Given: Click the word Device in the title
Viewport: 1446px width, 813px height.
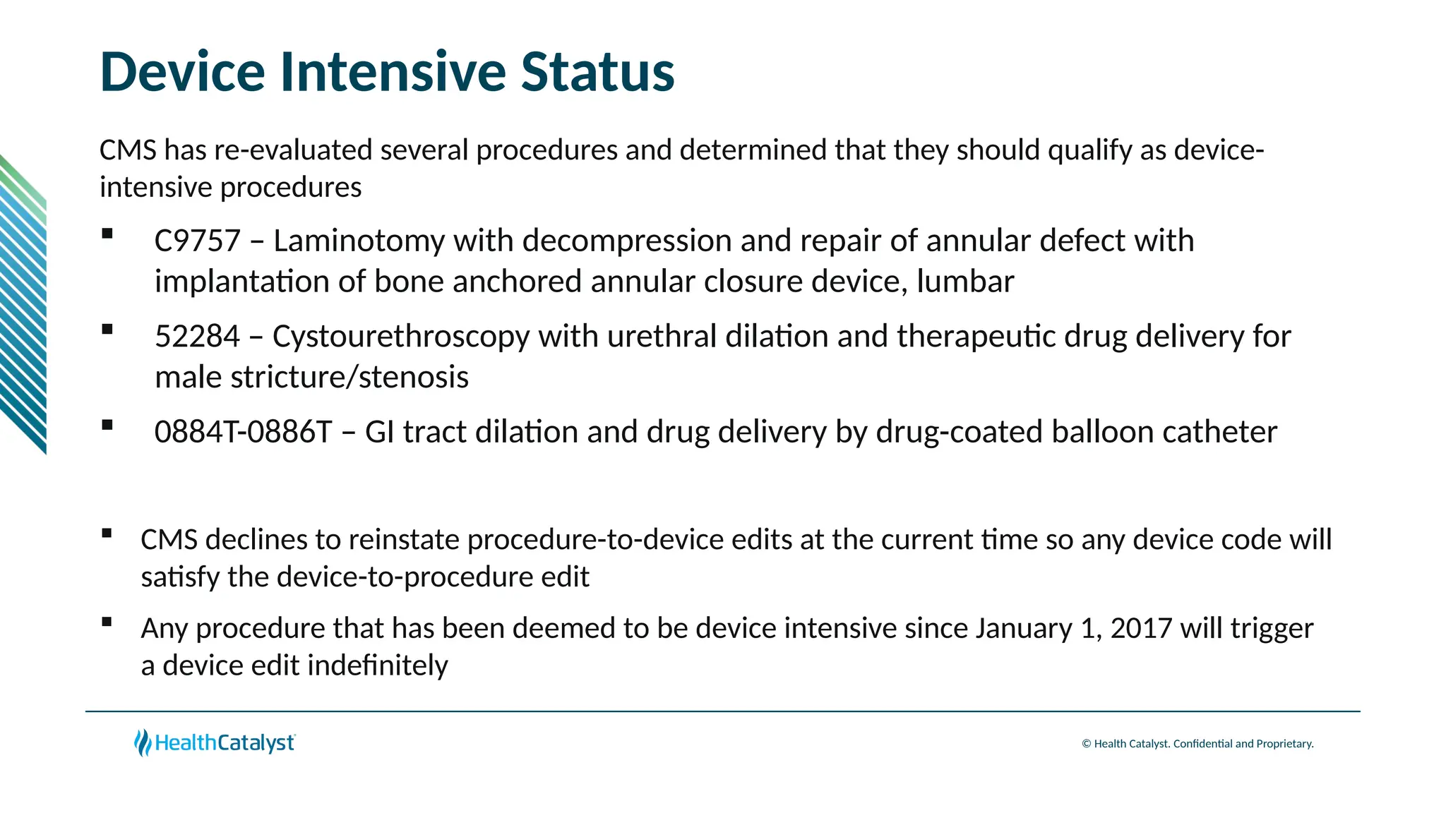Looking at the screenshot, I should pos(182,72).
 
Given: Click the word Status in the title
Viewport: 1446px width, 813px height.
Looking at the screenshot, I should pos(597,72).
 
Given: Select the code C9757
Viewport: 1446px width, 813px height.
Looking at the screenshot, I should pos(197,241).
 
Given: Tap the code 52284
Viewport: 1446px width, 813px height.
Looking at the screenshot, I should pos(197,337).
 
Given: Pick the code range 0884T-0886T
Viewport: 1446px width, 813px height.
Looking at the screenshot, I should pos(243,432).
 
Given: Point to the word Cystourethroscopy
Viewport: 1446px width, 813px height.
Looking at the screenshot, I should pos(400,337).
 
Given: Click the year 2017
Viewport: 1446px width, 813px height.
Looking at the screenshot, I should pos(1141,628).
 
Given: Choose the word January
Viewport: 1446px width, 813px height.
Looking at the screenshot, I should pos(1024,628).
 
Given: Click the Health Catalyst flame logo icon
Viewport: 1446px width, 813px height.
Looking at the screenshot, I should pos(143,742).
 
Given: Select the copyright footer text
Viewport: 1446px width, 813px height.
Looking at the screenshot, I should pos(1197,744).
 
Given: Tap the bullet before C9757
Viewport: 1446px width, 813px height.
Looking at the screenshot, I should pos(107,234).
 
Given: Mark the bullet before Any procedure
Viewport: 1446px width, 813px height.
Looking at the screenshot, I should pos(107,622).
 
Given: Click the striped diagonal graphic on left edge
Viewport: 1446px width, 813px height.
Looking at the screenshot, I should pos(23,303).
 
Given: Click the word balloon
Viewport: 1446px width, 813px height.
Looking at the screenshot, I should pos(1102,432).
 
